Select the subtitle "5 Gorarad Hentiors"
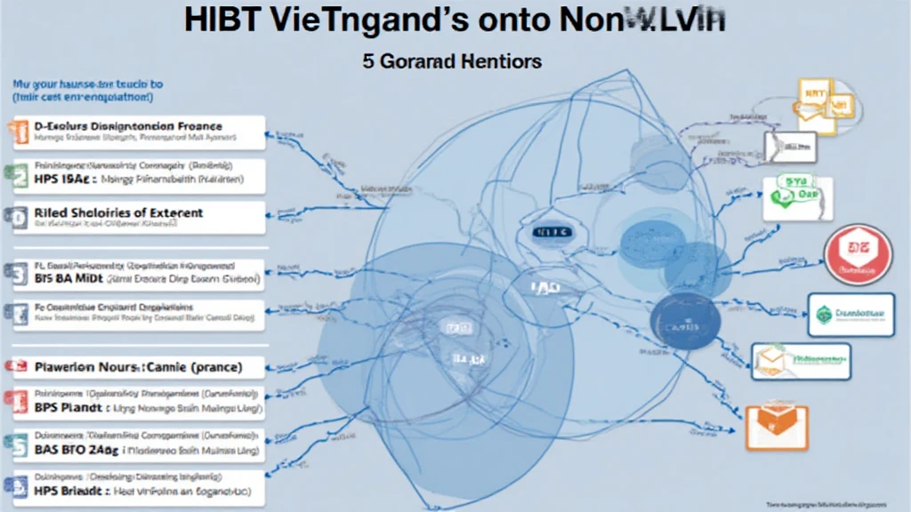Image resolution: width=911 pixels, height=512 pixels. pos(453,63)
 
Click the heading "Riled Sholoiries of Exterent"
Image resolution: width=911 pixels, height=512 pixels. pos(118,213)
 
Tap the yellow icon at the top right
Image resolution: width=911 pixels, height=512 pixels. pos(815,104)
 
